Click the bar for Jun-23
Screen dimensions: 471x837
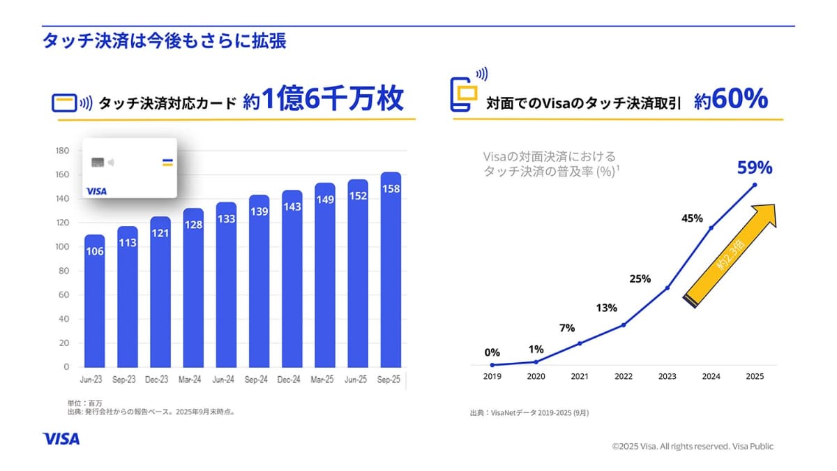95,300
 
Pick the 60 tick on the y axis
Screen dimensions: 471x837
63,295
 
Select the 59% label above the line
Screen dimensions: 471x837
755,167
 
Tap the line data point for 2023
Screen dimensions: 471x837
668,287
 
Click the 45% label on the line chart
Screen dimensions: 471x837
692,219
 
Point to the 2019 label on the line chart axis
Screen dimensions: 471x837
492,376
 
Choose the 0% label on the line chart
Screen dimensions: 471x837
492,352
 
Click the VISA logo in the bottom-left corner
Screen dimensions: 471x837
61,439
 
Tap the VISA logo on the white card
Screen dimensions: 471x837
96,190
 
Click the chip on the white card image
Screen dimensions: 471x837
98,162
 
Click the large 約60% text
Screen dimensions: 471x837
731,100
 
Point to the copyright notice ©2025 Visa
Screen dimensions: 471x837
693,446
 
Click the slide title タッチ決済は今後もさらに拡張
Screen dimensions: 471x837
164,40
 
